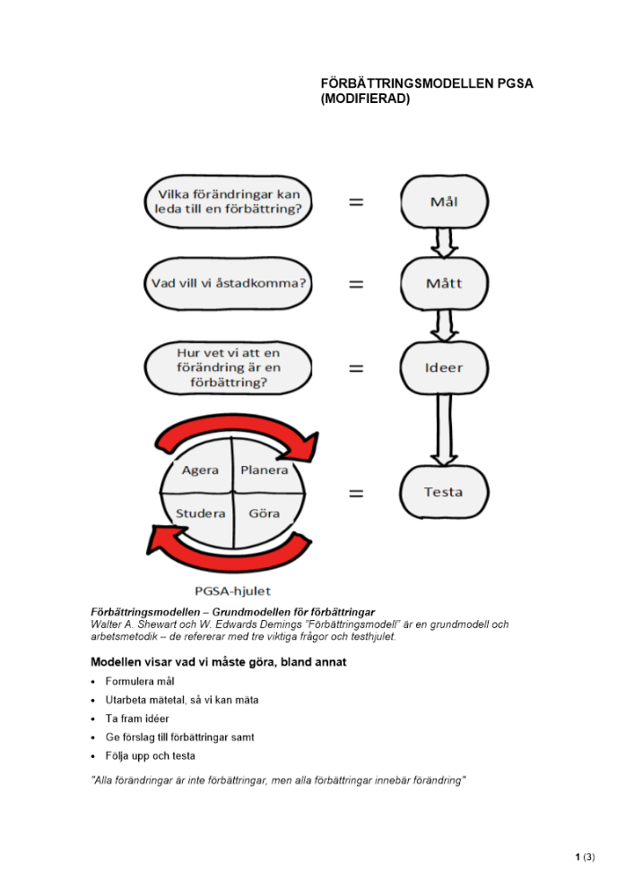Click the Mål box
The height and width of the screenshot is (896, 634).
click(443, 202)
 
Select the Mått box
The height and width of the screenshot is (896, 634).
click(443, 284)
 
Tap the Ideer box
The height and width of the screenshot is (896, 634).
click(443, 367)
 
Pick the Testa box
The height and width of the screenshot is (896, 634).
click(443, 492)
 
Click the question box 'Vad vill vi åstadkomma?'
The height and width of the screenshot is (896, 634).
click(228, 284)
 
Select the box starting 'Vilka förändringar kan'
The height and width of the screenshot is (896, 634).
click(228, 202)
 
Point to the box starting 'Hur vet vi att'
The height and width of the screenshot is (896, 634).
click(228, 367)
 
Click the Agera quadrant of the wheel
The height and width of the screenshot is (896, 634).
click(200, 470)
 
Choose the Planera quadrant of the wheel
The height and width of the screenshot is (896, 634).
click(264, 470)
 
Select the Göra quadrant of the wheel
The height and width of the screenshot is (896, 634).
click(263, 513)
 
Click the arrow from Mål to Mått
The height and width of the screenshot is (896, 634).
click(443, 241)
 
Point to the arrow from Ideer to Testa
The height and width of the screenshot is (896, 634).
click(443, 430)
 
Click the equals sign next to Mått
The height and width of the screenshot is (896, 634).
click(356, 285)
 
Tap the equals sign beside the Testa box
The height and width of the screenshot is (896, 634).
click(356, 493)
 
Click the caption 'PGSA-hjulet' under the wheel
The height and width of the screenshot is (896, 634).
click(232, 590)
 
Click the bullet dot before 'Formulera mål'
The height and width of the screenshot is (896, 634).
click(94, 681)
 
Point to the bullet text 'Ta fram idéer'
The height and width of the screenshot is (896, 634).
click(137, 719)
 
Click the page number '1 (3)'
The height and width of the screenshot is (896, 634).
click(585, 857)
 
